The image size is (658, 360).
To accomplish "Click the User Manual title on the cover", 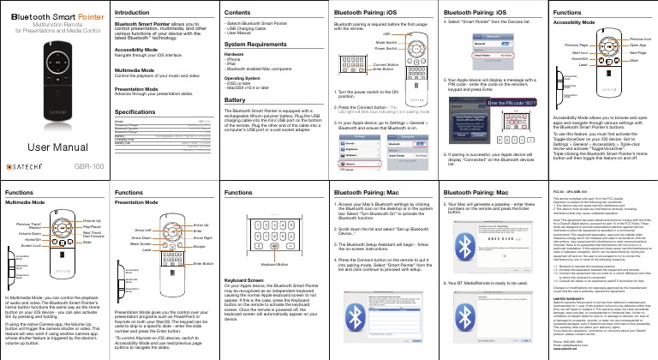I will [x=45, y=148].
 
